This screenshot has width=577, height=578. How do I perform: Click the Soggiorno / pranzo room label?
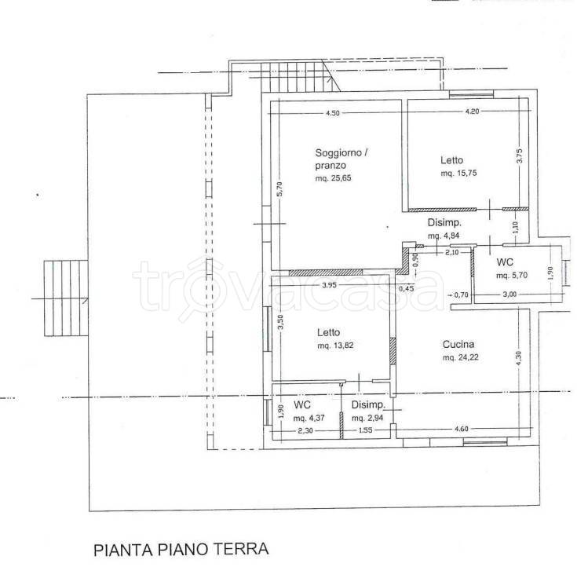pyautogui.click(x=339, y=157)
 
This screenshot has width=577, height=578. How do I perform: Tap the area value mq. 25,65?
pyautogui.click(x=334, y=178)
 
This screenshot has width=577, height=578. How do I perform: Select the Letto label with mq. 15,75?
pyautogui.click(x=452, y=160)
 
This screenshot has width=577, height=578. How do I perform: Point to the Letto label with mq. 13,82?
pyautogui.click(x=329, y=332)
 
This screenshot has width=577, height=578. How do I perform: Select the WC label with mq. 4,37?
pyautogui.click(x=302, y=404)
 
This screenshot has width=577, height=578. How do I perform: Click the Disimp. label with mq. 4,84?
pyautogui.click(x=443, y=222)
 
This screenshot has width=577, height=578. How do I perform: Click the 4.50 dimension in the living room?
pyautogui.click(x=334, y=113)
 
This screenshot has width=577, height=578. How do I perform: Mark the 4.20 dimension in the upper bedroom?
pyautogui.click(x=472, y=112)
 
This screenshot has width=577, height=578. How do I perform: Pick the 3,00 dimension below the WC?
pyautogui.click(x=509, y=294)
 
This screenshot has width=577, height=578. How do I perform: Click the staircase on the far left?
pyautogui.click(x=64, y=298)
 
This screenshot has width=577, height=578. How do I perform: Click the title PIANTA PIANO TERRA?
pyautogui.click(x=180, y=549)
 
